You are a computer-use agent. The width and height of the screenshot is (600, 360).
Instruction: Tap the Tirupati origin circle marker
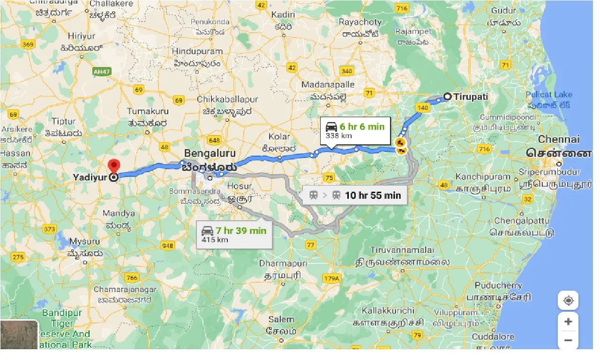pyautogui.click(x=447, y=97)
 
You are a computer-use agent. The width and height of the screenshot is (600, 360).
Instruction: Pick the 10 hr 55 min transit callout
pyautogui.click(x=354, y=195)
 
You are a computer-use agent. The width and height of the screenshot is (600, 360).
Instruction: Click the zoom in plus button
pyautogui.click(x=568, y=322)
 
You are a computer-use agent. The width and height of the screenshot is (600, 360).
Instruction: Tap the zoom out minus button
pyautogui.click(x=568, y=340)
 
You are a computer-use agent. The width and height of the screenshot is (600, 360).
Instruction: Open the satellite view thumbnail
pyautogui.click(x=19, y=335)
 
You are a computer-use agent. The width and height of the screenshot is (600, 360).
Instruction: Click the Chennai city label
pyautogui.click(x=559, y=139)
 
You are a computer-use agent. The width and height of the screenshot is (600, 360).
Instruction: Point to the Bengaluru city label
pyautogui.click(x=209, y=153)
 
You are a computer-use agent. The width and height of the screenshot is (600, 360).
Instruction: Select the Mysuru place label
pyautogui.click(x=84, y=241)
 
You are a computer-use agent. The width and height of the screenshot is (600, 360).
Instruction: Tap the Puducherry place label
pyautogui.click(x=498, y=285)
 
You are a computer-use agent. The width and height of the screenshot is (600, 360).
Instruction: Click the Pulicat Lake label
pyautogui.click(x=549, y=95)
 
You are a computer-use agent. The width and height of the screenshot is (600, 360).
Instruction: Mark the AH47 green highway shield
pyautogui.click(x=101, y=71)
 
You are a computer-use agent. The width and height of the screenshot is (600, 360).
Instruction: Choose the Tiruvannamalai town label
pyautogui.click(x=402, y=250)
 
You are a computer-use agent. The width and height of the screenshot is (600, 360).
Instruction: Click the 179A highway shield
pyautogui.click(x=331, y=278)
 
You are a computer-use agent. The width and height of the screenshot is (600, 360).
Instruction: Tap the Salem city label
pyautogui.click(x=281, y=319)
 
